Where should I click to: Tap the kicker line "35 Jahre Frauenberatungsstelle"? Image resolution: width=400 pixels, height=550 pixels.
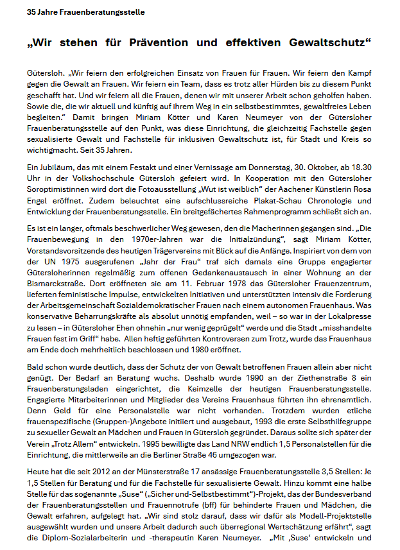coord(85,12)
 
